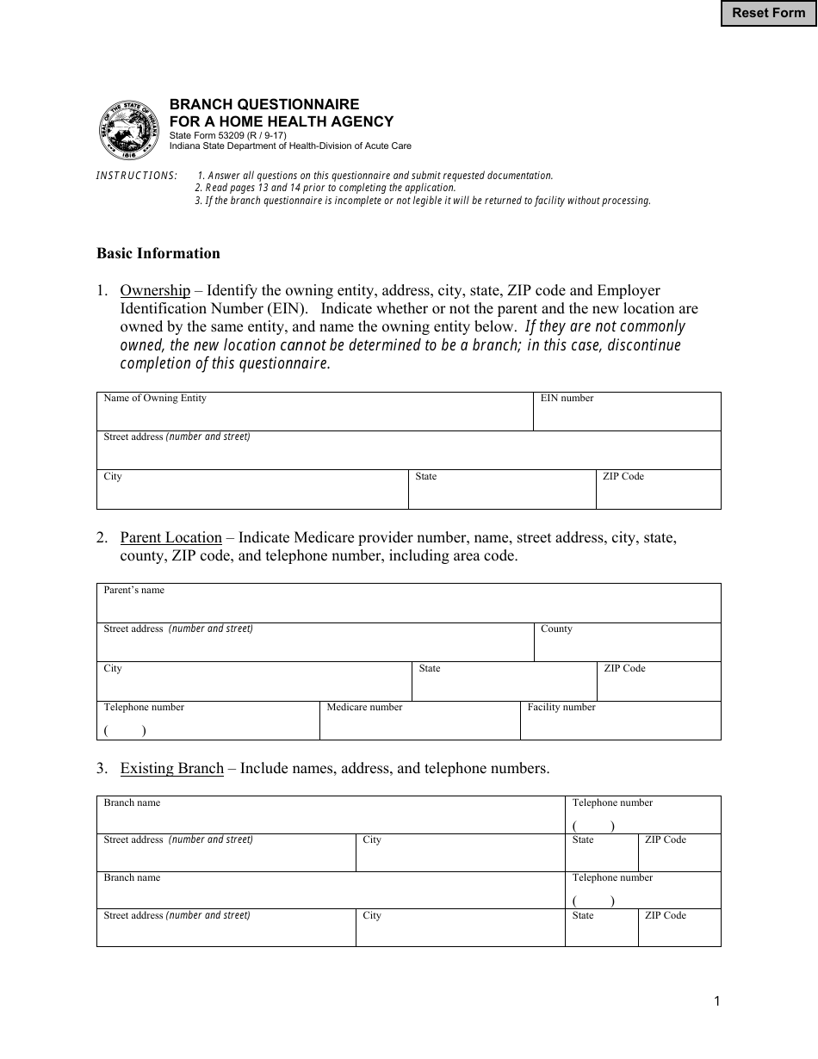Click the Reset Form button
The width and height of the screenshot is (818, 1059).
[768, 13]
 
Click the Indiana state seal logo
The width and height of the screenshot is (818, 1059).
[130, 129]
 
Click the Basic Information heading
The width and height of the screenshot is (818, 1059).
[158, 253]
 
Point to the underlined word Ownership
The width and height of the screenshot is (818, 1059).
[155, 290]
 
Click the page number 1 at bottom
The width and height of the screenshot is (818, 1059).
[716, 1000]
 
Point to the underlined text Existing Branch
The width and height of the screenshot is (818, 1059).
[172, 768]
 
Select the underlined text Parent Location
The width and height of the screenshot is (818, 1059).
[171, 537]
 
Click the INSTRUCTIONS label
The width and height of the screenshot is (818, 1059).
[137, 176]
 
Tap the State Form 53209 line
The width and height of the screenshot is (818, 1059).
[227, 135]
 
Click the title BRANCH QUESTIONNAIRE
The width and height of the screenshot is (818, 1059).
[264, 104]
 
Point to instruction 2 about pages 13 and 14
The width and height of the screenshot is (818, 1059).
[325, 188]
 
